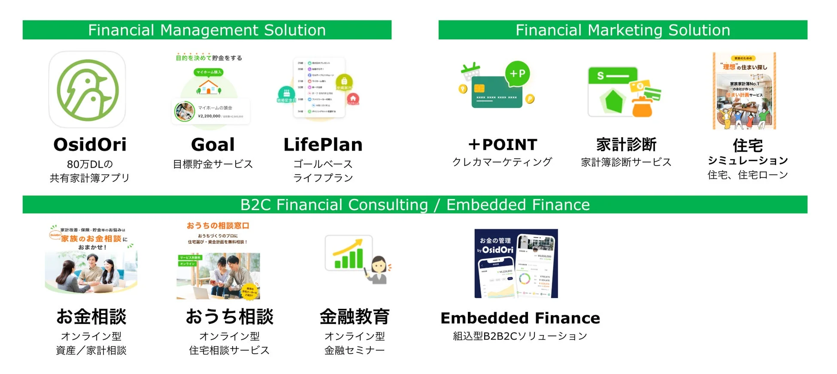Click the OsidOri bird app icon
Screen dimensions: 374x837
point(87,90)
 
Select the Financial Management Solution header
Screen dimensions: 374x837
point(207,30)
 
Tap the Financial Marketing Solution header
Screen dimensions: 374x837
point(622,30)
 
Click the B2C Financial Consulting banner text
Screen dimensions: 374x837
point(415,205)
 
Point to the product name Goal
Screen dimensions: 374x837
point(213,145)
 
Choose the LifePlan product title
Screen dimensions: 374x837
point(323,145)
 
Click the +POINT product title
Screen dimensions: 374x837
point(502,145)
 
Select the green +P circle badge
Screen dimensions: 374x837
point(517,73)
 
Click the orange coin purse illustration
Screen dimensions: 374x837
point(642,107)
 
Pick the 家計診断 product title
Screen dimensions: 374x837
point(626,145)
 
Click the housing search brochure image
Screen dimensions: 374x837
point(744,91)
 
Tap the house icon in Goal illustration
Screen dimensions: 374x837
point(208,87)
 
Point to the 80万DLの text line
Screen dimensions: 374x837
point(90,164)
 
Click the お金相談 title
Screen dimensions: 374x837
point(91,317)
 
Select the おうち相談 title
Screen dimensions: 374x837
point(229,317)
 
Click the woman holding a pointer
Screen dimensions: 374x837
point(378,270)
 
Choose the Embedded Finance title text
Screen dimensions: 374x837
point(520,318)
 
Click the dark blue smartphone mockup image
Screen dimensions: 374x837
point(516,263)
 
